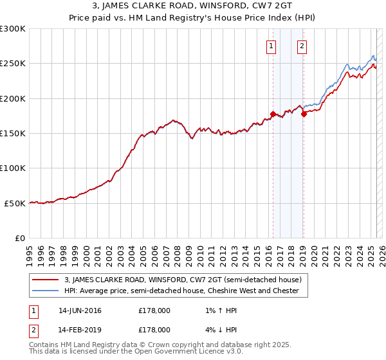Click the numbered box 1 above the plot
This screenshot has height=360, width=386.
click(271, 46)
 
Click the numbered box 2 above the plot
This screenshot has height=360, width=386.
click(302, 46)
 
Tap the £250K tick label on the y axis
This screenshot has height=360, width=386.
click(13, 64)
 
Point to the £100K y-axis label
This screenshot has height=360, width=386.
click(13, 168)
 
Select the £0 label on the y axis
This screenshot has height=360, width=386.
click(19, 238)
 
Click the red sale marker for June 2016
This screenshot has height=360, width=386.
click(273, 114)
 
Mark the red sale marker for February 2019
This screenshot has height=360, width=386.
click(304, 114)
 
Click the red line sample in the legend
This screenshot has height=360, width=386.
click(45, 280)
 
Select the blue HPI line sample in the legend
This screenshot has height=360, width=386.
click(45, 291)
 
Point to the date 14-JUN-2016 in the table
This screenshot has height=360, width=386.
click(79, 311)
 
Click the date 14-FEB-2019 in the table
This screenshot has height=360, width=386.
click(79, 329)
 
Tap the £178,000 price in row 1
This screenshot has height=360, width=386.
click(154, 311)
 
